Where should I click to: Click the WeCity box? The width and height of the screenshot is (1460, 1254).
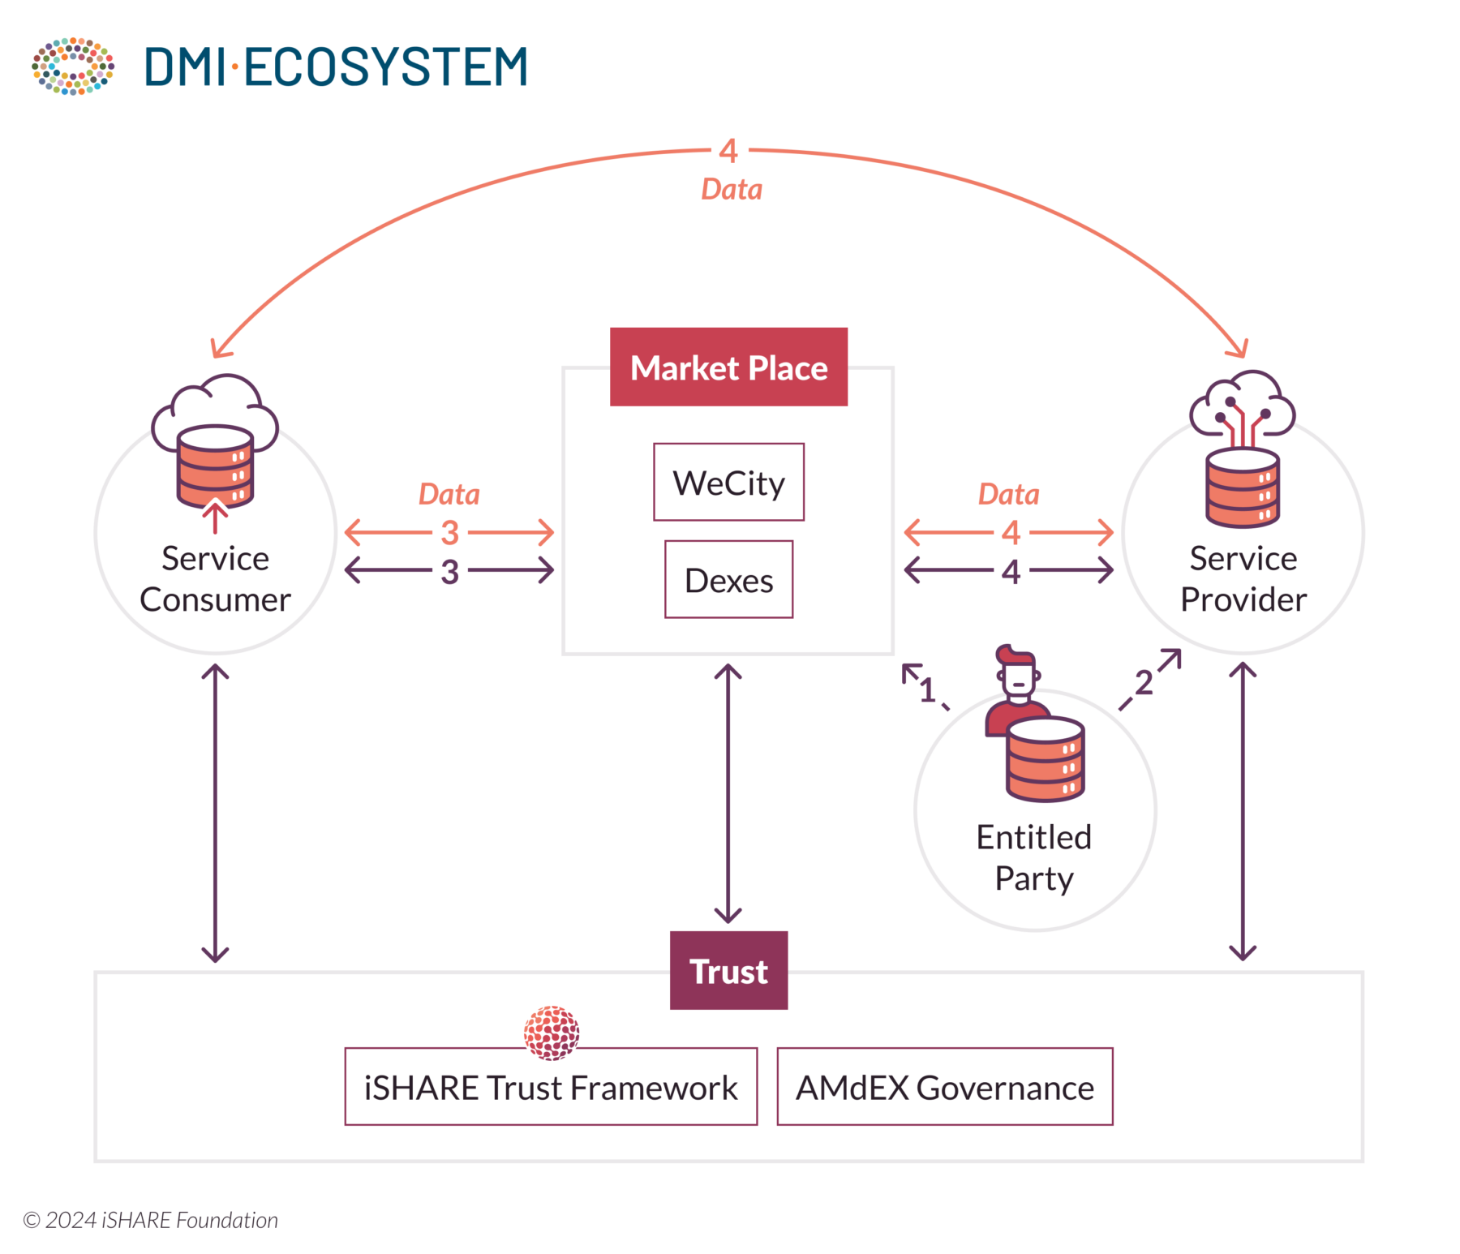(728, 482)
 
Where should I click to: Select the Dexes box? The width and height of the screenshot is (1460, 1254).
(728, 579)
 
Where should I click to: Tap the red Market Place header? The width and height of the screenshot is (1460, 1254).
(728, 367)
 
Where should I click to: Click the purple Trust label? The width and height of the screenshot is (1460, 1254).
(728, 970)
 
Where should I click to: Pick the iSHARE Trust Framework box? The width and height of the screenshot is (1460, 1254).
(551, 1087)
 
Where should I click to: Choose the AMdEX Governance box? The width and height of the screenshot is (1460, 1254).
(944, 1087)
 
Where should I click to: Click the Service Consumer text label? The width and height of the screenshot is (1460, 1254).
(215, 578)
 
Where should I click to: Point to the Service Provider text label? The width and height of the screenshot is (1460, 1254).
(1243, 578)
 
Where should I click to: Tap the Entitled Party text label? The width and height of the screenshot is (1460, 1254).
(1034, 857)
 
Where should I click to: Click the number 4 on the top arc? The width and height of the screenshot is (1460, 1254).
(728, 151)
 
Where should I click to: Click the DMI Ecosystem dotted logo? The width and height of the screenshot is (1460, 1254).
(73, 66)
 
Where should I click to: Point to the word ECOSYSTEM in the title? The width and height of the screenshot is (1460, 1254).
(385, 67)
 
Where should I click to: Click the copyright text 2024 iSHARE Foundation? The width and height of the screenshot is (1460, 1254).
(151, 1220)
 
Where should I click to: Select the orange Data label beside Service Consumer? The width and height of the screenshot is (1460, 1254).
(449, 494)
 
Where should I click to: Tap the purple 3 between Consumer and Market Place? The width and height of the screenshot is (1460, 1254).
(449, 571)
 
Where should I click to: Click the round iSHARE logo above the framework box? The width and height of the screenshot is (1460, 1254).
(552, 1033)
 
